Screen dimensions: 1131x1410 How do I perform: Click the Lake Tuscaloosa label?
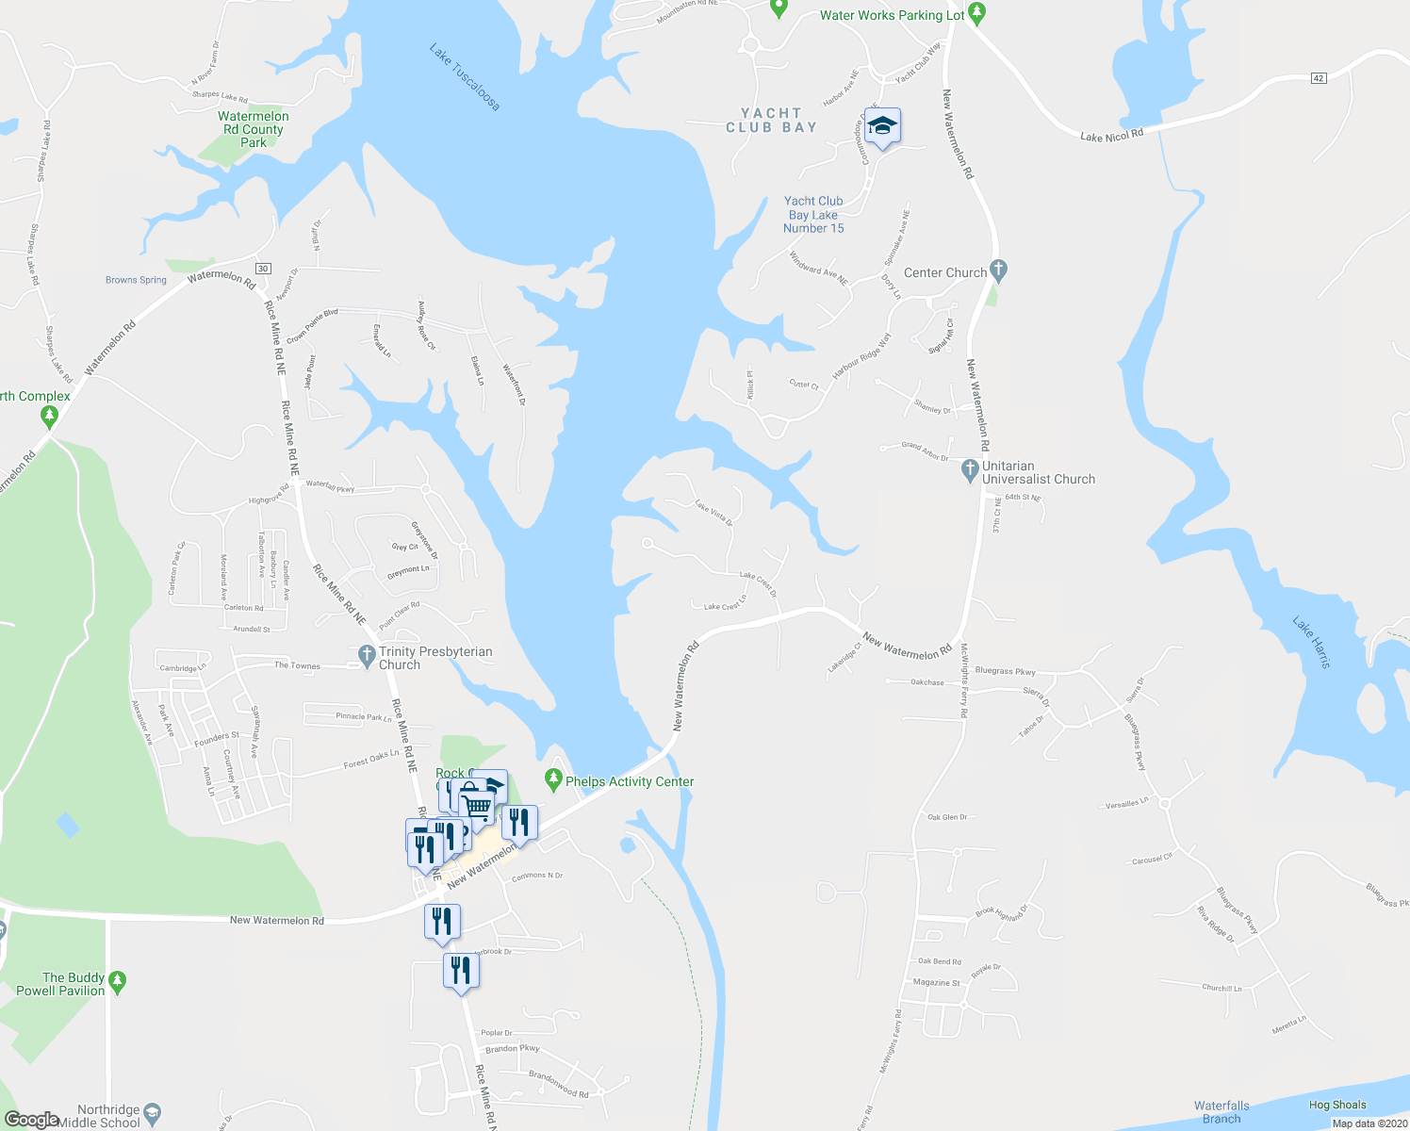coord(465,76)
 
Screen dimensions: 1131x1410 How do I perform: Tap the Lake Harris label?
coord(1312,643)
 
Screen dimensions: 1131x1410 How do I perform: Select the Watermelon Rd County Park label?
coord(254,129)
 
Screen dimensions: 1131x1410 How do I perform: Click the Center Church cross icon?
coord(999,271)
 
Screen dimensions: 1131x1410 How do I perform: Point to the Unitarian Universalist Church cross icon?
coord(970,470)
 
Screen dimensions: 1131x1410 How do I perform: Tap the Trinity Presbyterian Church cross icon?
coord(367,656)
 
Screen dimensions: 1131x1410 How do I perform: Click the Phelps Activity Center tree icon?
coord(553,780)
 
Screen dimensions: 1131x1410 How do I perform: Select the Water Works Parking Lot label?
coord(892,15)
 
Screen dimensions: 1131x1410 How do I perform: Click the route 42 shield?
coord(1319,78)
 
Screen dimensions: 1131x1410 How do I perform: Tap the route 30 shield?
coord(263,269)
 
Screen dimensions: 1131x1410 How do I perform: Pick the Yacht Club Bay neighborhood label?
coord(771,120)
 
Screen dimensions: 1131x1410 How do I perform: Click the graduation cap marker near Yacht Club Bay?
coord(882,126)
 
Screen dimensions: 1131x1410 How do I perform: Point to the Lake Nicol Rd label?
coord(1111,136)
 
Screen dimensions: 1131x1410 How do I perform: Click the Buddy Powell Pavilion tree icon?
coord(117,981)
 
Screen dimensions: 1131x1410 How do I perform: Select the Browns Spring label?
coord(136,280)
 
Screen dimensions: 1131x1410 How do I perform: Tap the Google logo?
coord(32,1119)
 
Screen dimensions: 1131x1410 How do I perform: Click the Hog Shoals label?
coord(1336,1105)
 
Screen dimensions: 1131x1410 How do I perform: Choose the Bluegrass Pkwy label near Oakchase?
coord(1005,671)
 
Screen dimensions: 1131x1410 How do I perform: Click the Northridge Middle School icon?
coord(154,1114)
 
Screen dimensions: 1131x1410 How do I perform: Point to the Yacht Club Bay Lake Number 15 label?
coord(813,215)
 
